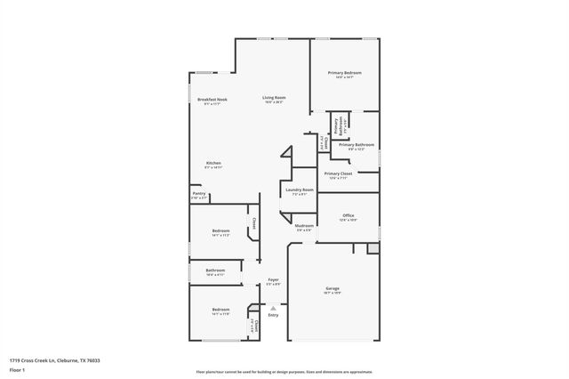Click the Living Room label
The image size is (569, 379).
273,97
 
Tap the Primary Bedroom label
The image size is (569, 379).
344,73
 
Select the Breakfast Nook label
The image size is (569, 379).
212,100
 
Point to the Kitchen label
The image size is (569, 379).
213,163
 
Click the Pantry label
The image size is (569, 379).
198,193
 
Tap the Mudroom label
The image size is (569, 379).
304,226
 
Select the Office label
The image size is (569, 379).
348,215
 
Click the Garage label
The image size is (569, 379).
333,288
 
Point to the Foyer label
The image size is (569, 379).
273,279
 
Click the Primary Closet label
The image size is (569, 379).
338,173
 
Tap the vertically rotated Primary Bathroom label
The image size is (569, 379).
336,125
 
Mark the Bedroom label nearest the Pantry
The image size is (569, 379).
220,231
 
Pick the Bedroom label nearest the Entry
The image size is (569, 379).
220,310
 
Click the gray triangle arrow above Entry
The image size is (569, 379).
273,308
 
